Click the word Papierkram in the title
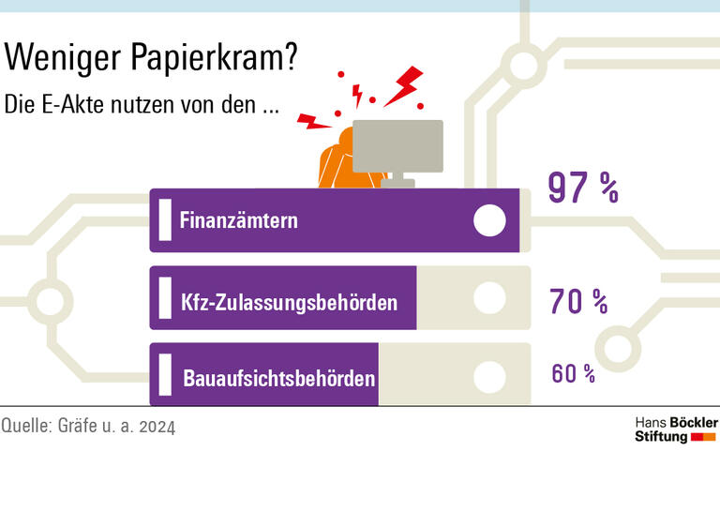[217, 59]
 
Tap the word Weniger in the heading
[62, 58]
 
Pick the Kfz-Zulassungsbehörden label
[289, 303]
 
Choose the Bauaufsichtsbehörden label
[279, 380]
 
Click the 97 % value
[582, 188]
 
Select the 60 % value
[573, 373]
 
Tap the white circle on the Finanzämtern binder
[489, 220]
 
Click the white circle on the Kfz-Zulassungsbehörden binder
[489, 298]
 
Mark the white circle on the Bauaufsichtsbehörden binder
[489, 377]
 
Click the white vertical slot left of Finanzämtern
[165, 220]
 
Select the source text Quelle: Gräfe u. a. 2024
[88, 426]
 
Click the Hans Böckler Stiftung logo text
[675, 429]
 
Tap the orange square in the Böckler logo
[710, 437]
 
